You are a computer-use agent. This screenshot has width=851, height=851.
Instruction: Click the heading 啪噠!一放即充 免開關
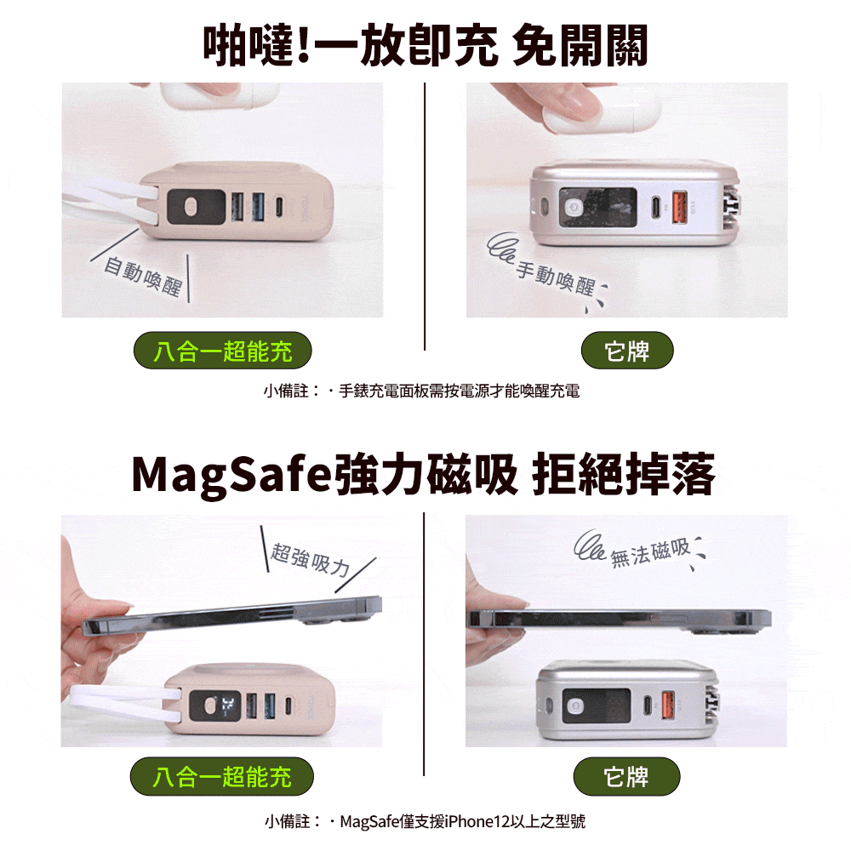(x=425, y=44)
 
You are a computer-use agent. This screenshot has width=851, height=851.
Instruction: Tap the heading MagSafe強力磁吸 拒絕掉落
(x=424, y=476)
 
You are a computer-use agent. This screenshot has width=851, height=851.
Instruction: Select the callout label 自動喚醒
(x=142, y=277)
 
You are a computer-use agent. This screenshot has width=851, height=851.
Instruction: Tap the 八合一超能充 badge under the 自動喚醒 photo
(x=223, y=351)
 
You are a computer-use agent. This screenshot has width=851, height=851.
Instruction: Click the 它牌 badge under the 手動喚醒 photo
(x=626, y=351)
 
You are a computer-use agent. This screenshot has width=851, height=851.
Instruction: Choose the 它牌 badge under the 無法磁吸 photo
(x=626, y=776)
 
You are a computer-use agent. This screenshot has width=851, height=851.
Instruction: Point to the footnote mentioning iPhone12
(x=424, y=821)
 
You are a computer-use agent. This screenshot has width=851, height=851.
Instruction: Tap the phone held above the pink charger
(x=230, y=617)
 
